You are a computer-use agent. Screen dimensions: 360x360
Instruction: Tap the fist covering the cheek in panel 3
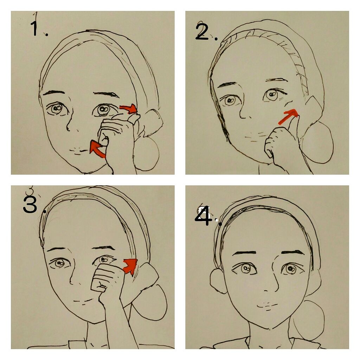[x=108, y=278]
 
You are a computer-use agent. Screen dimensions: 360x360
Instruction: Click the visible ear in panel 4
[x=218, y=281]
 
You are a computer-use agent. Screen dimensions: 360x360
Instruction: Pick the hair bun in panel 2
[x=318, y=143]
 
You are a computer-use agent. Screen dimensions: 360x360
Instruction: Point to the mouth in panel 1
[x=79, y=151]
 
